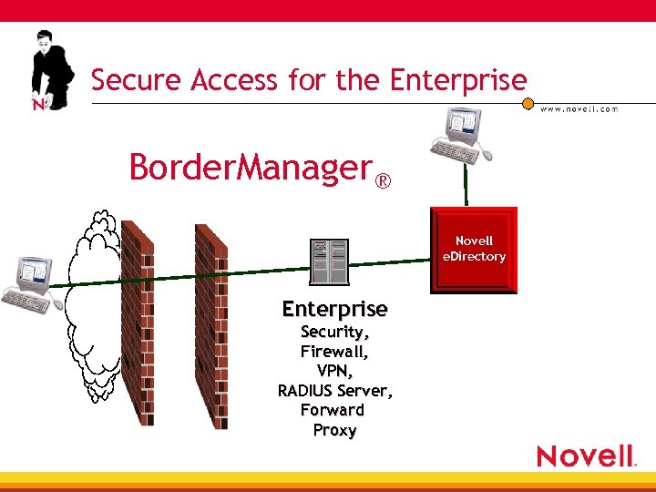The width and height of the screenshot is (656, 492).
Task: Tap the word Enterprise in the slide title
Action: coord(458,80)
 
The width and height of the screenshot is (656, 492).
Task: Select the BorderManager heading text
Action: coord(251,168)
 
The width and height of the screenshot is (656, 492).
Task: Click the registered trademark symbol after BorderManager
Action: coord(384,180)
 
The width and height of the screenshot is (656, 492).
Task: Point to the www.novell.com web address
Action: coord(579,108)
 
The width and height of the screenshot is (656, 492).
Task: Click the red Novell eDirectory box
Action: coord(475,250)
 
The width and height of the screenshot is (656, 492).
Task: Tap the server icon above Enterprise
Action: coord(330,261)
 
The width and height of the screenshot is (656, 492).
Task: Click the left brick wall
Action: coord(138,323)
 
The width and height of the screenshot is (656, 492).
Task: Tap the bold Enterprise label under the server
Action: coord(334,309)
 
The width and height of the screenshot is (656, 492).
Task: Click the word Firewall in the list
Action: coord(333,351)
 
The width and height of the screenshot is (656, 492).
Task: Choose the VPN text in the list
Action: coord(334,371)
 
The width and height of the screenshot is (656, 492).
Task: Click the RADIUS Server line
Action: coord(334,391)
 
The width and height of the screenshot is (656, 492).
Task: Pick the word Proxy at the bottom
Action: coord(334,430)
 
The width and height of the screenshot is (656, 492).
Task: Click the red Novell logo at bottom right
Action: coord(586,456)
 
